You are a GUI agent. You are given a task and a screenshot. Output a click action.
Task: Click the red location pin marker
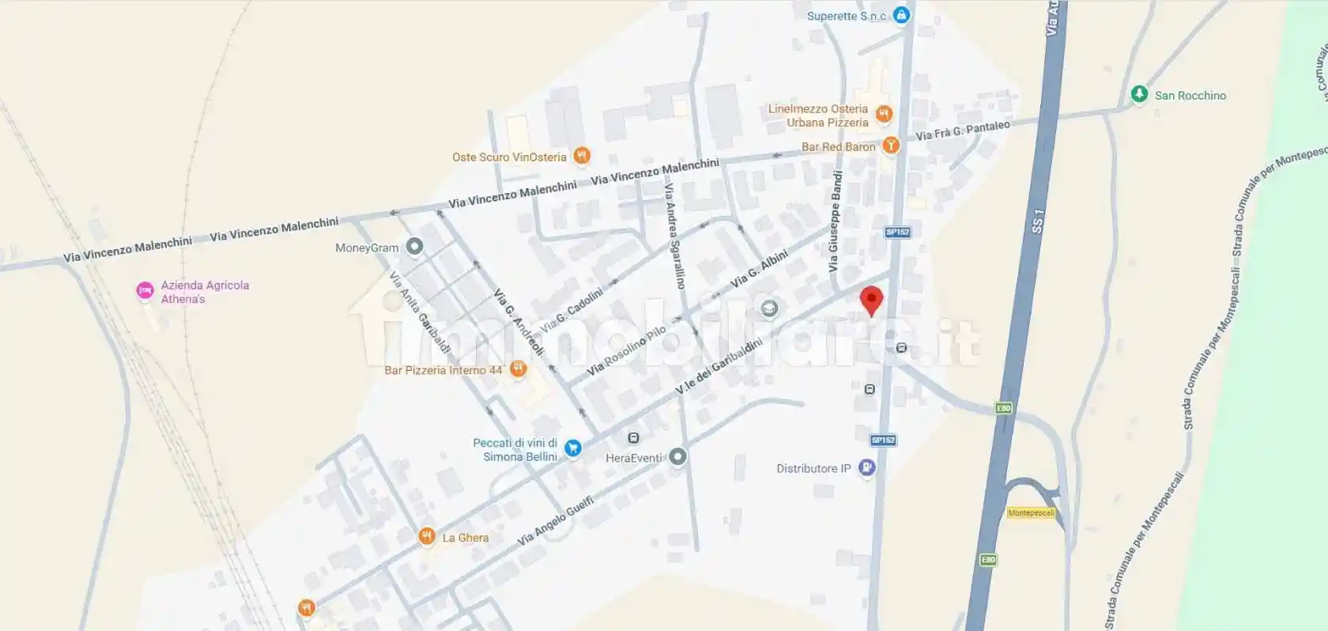point(871,300)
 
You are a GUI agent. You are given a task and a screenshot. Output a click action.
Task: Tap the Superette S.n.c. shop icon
point(901,15)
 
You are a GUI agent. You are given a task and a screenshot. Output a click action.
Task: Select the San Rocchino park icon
point(1138,94)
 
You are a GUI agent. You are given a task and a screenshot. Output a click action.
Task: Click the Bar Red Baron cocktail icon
point(891,145)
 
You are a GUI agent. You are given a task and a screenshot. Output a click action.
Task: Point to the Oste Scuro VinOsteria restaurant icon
point(582,156)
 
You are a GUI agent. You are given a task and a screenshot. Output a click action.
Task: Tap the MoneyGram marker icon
point(414,247)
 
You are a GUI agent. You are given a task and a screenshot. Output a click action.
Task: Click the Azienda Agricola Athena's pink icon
point(145,291)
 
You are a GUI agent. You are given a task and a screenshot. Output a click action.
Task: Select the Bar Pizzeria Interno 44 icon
point(518,369)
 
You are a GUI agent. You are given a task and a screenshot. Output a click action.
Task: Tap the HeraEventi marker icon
point(677,456)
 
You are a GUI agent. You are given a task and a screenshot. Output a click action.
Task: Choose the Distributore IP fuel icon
point(867,467)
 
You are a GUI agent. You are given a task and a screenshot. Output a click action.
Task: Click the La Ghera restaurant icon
point(427,537)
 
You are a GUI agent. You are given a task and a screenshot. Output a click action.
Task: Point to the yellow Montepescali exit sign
point(1031,512)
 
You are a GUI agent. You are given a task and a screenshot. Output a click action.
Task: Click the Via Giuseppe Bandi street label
point(835,221)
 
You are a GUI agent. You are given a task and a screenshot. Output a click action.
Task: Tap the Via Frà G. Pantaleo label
point(962,130)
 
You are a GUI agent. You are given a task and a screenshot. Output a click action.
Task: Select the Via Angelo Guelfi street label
point(555,521)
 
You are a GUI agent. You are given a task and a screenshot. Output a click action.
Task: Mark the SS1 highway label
point(1038,221)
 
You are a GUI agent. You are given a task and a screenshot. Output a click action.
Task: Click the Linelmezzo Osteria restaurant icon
point(884,115)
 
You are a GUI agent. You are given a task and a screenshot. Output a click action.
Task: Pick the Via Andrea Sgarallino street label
point(674,236)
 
